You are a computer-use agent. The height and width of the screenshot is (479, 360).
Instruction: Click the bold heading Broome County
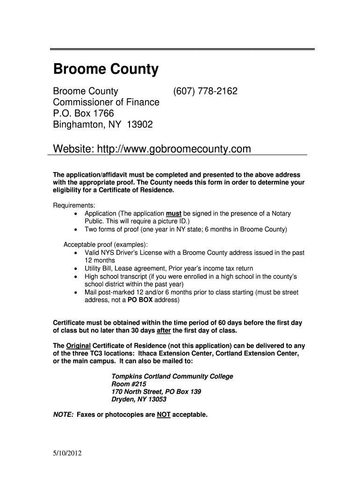point(106,70)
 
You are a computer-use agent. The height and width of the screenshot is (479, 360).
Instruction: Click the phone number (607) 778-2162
point(205,91)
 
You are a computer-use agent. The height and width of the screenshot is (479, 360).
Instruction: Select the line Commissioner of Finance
point(106,102)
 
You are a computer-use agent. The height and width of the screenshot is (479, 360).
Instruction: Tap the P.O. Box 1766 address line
point(84,114)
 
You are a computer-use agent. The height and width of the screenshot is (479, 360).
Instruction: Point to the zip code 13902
point(140,125)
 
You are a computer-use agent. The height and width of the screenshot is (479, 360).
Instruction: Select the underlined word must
point(173,213)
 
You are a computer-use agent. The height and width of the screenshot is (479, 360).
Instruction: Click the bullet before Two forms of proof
point(76,230)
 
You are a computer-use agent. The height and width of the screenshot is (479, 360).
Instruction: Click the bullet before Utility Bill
point(76,269)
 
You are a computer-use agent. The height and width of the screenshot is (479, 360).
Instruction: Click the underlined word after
point(164,331)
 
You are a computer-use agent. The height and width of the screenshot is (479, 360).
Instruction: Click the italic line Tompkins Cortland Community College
point(172,377)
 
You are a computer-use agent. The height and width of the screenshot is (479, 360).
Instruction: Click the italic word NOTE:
point(63,414)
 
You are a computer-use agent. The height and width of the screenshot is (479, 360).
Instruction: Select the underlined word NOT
point(163,414)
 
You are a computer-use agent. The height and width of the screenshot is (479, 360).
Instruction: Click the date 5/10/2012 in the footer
point(68,453)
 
